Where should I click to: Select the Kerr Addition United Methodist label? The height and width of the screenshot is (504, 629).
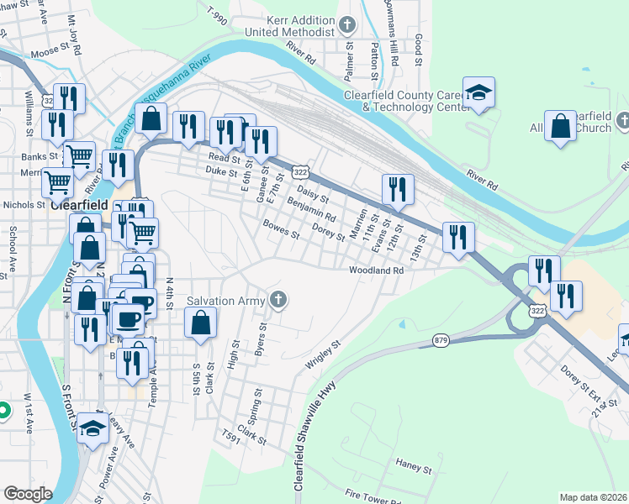[x=290, y=26]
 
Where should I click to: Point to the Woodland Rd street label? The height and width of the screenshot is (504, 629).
[x=377, y=270]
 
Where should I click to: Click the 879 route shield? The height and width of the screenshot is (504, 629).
[x=441, y=340]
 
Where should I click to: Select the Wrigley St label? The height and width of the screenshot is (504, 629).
[x=323, y=355]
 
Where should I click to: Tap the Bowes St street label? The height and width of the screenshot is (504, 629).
[x=281, y=229]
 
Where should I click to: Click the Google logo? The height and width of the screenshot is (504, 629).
[x=28, y=494]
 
